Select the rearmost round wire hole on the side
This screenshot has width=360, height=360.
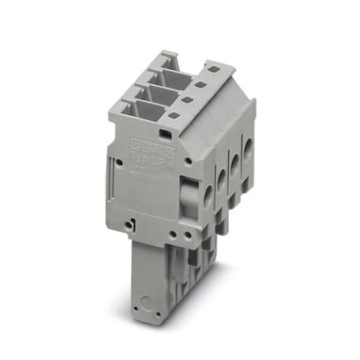pos(248,150)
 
